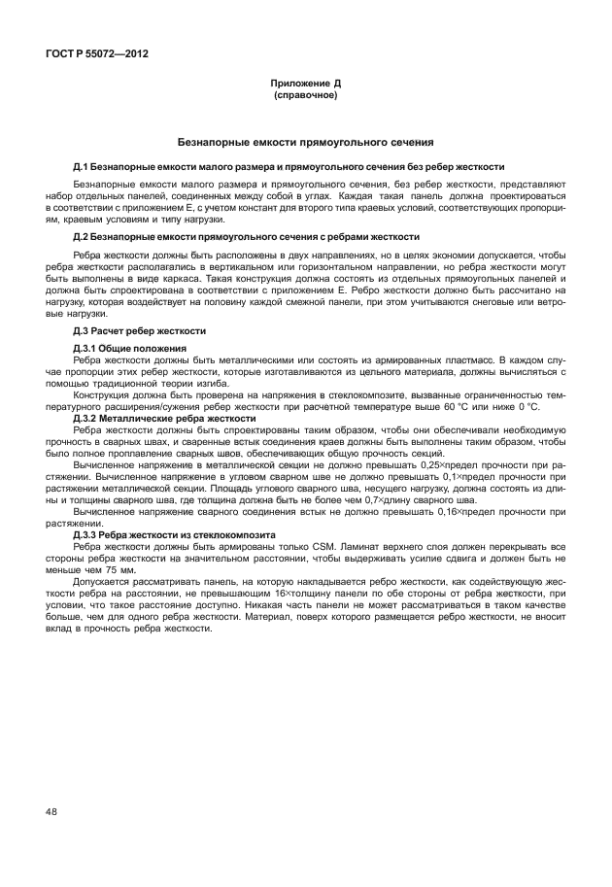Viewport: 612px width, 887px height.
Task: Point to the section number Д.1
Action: click(x=82, y=167)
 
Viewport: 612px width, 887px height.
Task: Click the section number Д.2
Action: click(x=82, y=237)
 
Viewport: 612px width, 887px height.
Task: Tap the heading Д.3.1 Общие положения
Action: click(x=130, y=347)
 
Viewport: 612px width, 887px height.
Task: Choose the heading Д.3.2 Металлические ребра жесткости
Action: click(x=164, y=418)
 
